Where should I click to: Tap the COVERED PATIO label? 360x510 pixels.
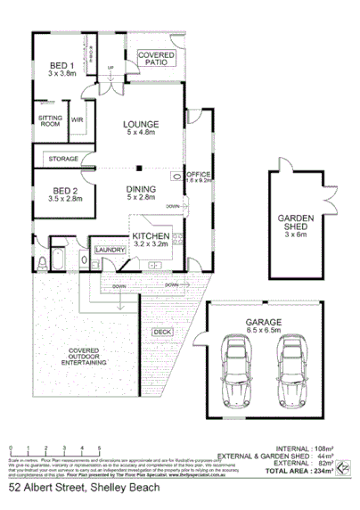pyautogui.click(x=157, y=60)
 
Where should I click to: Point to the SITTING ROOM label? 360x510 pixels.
pyautogui.click(x=49, y=121)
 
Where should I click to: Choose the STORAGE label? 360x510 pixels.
pyautogui.click(x=63, y=159)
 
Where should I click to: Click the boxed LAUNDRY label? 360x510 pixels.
pyautogui.click(x=110, y=251)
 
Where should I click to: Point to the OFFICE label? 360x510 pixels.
pyautogui.click(x=197, y=175)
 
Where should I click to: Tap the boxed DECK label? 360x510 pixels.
pyautogui.click(x=161, y=332)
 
